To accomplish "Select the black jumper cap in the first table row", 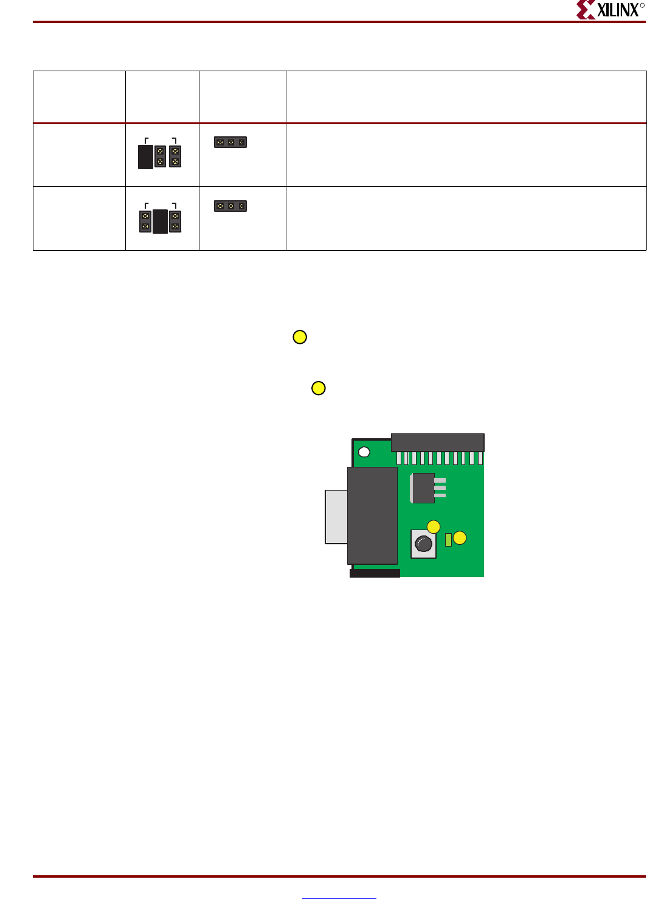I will coord(145,156).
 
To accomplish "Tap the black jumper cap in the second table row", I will coord(160,222).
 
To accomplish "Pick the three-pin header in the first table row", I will coord(230,142).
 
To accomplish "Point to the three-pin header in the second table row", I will coord(230,206).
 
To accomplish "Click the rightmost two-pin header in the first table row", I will coord(175,156).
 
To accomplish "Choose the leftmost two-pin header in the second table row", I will coord(145,221).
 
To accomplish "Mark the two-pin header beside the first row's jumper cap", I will coord(160,156).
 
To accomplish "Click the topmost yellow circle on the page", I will coord(300,337).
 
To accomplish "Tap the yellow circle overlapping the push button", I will coord(434,526).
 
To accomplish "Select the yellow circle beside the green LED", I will coord(460,537).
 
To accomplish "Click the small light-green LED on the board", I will coord(448,539).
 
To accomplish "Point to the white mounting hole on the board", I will coord(364,452).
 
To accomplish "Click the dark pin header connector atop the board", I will coord(437,442).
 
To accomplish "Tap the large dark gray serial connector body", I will coord(372,516).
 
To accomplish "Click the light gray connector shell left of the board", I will coord(336,517).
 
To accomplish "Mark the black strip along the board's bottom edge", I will coord(375,573).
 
